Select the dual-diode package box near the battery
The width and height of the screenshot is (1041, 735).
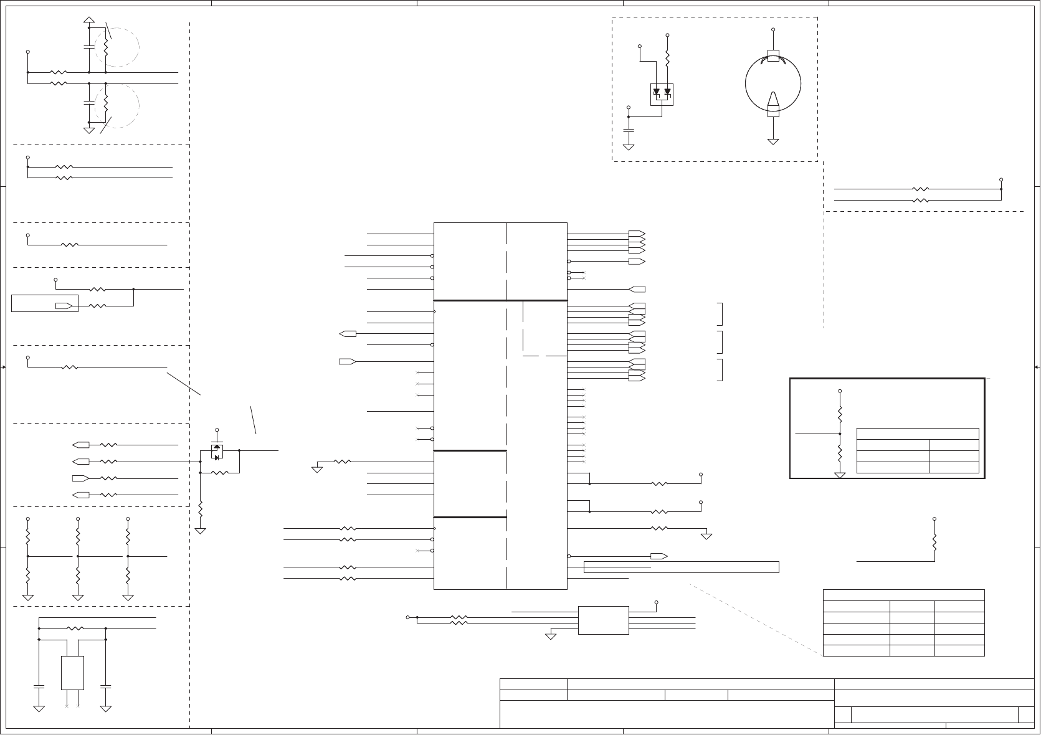coord(662,94)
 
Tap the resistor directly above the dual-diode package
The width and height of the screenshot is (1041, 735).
coord(667,59)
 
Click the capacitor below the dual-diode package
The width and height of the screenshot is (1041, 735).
coord(629,131)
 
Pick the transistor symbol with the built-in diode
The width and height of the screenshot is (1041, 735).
coord(217,451)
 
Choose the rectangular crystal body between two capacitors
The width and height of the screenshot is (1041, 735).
coord(72,673)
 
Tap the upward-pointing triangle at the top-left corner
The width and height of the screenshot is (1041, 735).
coord(89,20)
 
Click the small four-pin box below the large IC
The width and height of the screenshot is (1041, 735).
coord(603,620)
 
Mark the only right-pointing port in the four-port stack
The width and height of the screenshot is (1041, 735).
coord(80,478)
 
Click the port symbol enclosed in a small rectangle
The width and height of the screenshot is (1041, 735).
coord(64,306)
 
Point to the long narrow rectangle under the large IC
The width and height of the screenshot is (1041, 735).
coord(682,567)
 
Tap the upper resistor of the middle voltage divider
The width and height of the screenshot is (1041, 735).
coord(78,536)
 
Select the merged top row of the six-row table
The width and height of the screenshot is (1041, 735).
coord(903,595)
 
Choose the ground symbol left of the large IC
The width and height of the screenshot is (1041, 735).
coord(317,469)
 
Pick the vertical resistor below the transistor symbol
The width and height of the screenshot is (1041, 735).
coord(201,509)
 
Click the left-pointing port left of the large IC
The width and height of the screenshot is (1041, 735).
coord(348,334)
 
